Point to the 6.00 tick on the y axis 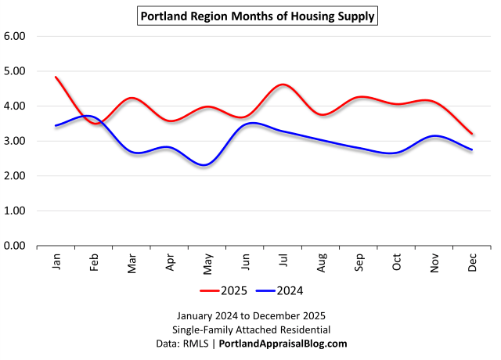coord(16,36)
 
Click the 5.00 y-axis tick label coord(16,71)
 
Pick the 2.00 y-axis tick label coord(16,176)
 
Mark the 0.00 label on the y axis coord(16,246)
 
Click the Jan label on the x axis coord(56,262)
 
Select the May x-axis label coord(207,262)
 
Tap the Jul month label coord(283,262)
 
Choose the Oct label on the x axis coord(397,262)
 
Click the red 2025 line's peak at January coord(56,77)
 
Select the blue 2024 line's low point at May coord(205,165)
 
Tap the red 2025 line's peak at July coord(283,85)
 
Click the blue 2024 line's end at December coord(472,149)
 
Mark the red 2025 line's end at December coord(472,134)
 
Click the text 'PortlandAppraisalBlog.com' coord(283,344)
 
